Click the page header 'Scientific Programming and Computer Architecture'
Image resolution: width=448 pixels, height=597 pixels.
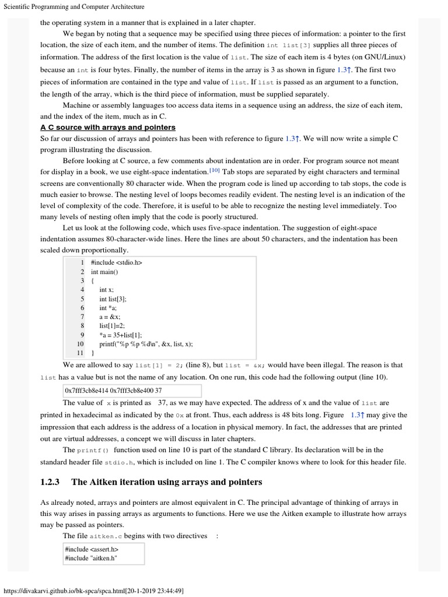click(x=74, y=6)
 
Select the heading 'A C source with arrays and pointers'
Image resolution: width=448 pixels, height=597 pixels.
click(x=108, y=127)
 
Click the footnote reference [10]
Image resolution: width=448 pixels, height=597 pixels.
click(x=214, y=171)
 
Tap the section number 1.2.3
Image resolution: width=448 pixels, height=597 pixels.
click(x=50, y=482)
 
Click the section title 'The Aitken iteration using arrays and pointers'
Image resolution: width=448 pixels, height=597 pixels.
click(x=166, y=482)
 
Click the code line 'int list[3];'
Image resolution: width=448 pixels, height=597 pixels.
click(x=113, y=298)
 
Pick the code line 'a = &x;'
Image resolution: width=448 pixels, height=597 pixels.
click(x=110, y=317)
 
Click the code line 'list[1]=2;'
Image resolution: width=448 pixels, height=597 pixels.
click(x=112, y=325)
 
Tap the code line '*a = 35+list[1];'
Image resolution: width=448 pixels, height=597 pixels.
click(x=121, y=335)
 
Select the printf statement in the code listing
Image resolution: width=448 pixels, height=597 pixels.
click(x=146, y=343)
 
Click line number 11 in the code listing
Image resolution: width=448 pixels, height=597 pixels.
click(x=80, y=353)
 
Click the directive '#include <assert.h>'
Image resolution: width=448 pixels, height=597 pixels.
click(x=92, y=549)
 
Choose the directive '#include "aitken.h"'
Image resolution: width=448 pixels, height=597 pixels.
click(x=92, y=558)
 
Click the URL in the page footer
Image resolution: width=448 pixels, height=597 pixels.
click(x=94, y=591)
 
